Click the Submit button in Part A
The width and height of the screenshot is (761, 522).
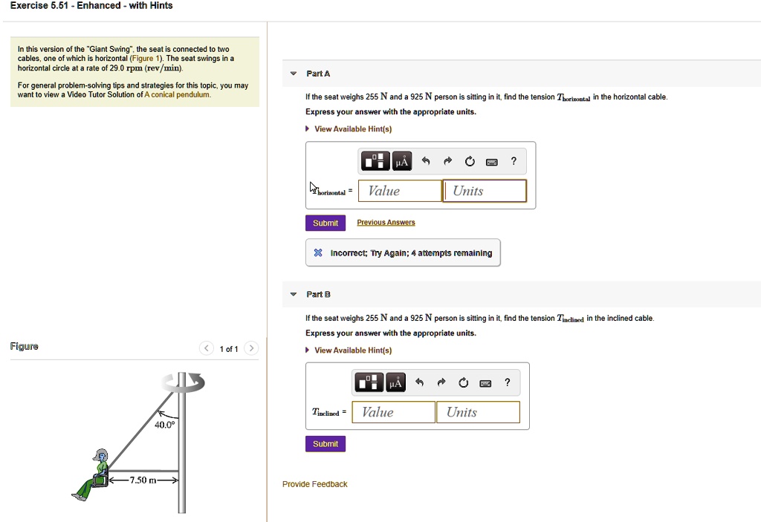(x=326, y=224)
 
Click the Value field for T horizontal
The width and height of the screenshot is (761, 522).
(x=400, y=191)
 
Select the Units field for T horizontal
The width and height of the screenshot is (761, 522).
(x=485, y=191)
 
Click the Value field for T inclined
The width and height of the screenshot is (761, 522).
(x=394, y=412)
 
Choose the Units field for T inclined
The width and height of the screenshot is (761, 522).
(x=478, y=412)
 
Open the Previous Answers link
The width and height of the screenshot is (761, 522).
(x=386, y=222)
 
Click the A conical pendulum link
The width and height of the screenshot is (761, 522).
(x=177, y=94)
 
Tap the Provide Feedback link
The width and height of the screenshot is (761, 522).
(x=315, y=484)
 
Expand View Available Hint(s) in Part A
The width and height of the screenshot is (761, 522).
(x=353, y=129)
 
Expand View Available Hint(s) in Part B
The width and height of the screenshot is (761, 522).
(x=353, y=350)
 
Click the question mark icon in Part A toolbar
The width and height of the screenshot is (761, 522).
(x=514, y=161)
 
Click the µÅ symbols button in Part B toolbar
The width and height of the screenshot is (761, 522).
(x=395, y=382)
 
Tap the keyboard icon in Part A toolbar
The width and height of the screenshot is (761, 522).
(x=492, y=162)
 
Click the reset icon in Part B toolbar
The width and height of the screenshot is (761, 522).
(x=464, y=382)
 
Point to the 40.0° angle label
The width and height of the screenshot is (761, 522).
(x=164, y=425)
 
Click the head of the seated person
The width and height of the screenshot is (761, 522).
(x=101, y=455)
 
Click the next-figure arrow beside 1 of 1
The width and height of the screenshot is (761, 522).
(x=251, y=348)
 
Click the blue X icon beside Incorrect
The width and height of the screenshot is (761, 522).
(x=318, y=252)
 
